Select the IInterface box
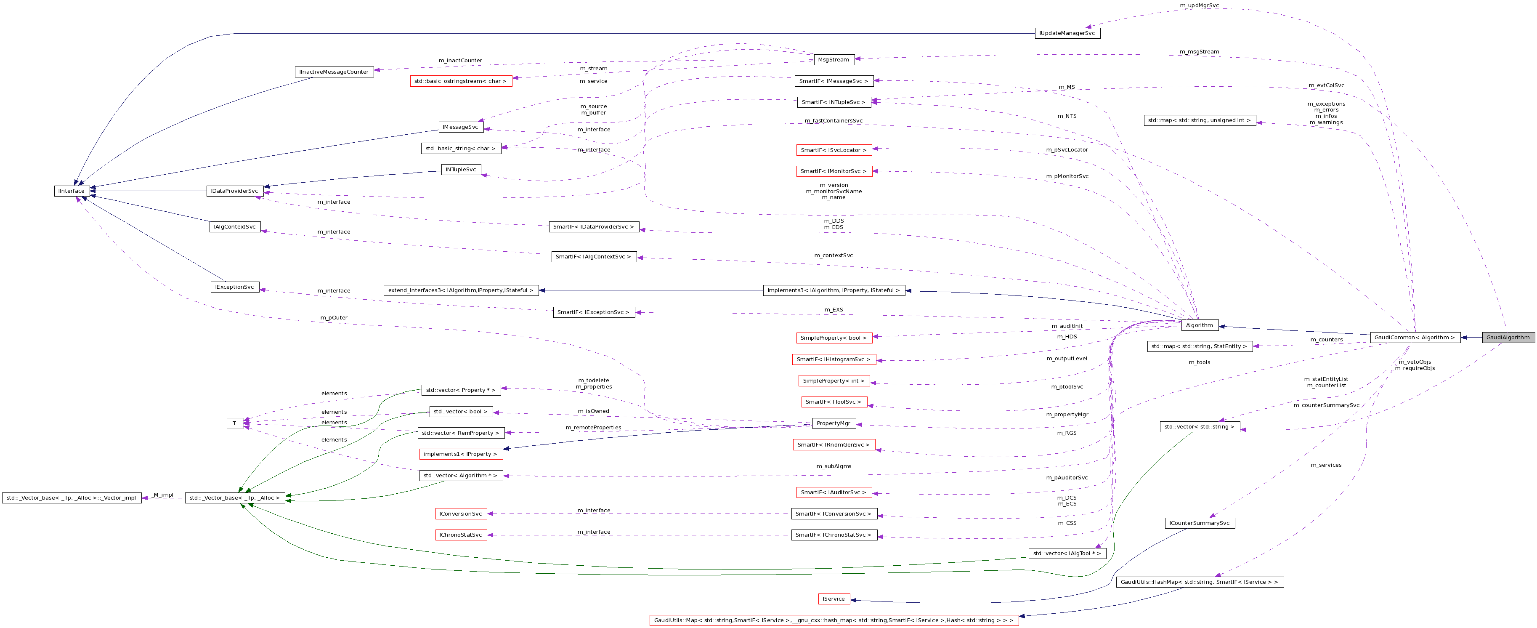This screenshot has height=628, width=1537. pos(72,191)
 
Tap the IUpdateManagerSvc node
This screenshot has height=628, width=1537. pos(1067,33)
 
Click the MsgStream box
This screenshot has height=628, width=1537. pos(834,60)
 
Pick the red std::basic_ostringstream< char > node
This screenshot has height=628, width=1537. pos(461,81)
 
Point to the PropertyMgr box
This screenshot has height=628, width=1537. pos(834,423)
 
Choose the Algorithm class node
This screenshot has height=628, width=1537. pos(1199,325)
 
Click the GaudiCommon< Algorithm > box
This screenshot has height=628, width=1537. pos(1415,337)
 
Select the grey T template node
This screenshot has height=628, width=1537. pos(234,423)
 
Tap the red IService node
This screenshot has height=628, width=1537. pos(834,599)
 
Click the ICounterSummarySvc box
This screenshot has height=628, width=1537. pos(1199,523)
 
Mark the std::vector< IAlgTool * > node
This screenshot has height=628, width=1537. pos(1067,553)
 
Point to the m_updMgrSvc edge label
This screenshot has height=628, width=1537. pos(1199,5)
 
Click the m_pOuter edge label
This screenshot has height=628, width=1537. pos(334,318)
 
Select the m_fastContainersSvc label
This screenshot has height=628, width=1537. pos(834,120)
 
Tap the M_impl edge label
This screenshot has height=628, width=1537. pos(163,495)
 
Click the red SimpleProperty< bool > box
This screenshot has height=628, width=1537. pos(834,338)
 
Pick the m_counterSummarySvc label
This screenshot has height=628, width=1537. pos(1326,405)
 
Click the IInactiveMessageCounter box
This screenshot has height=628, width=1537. pos(334,72)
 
